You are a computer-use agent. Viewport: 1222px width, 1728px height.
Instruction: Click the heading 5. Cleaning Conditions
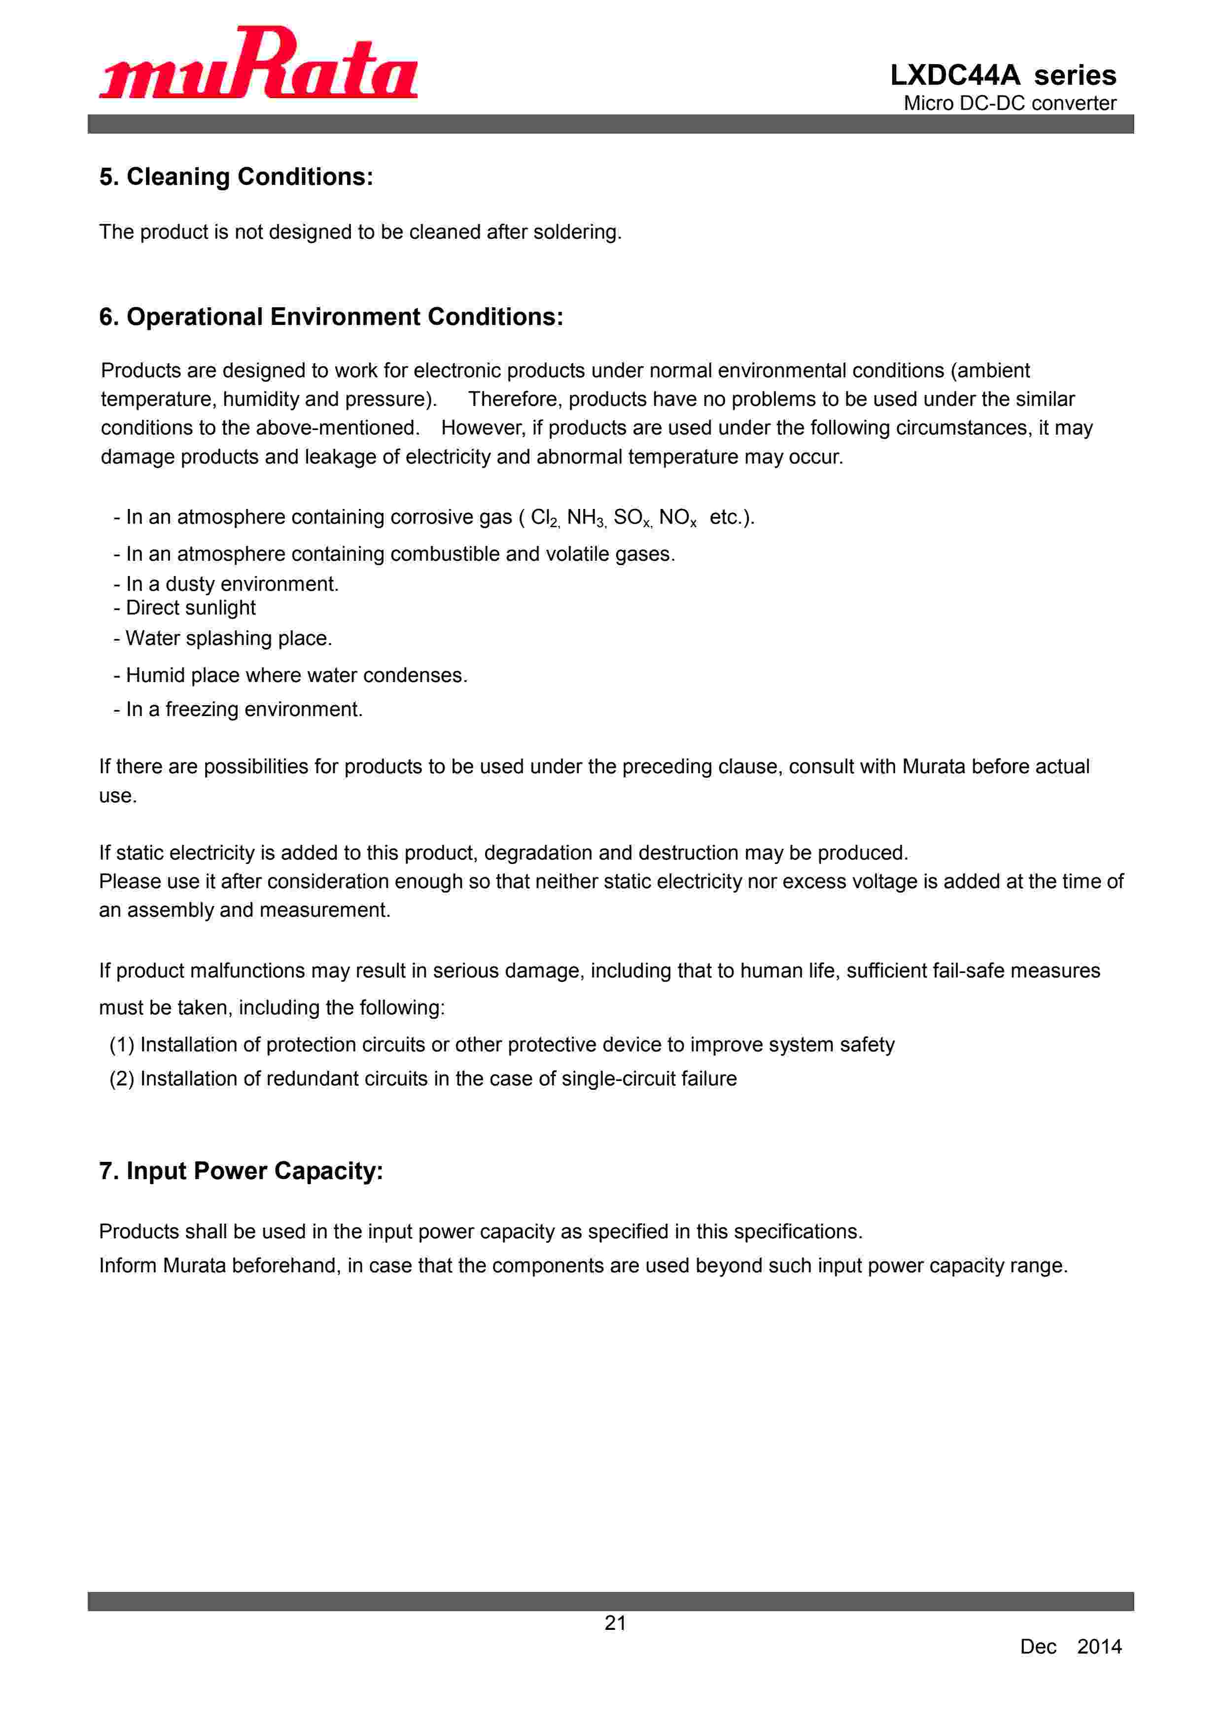[x=236, y=177]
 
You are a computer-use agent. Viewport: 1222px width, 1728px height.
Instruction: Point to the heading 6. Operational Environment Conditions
[x=331, y=317]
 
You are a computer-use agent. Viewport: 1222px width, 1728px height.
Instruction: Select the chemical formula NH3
[x=586, y=518]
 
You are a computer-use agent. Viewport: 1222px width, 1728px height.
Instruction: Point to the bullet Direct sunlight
[x=190, y=608]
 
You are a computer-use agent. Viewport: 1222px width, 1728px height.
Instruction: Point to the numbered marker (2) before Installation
[x=122, y=1079]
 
